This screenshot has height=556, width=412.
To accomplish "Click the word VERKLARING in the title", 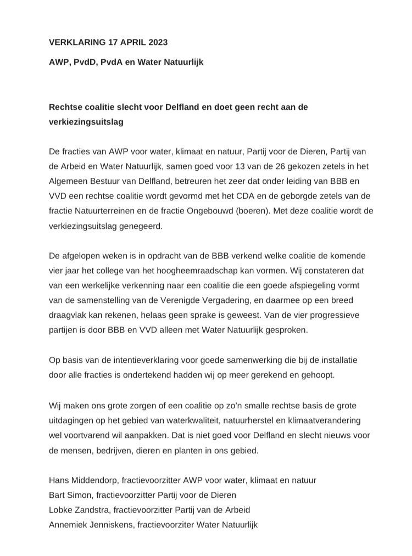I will [x=75, y=42].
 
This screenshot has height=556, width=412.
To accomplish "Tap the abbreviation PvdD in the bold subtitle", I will [x=88, y=62].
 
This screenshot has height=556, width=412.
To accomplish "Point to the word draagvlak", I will [x=68, y=316].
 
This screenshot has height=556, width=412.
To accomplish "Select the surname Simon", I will [x=79, y=495].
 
